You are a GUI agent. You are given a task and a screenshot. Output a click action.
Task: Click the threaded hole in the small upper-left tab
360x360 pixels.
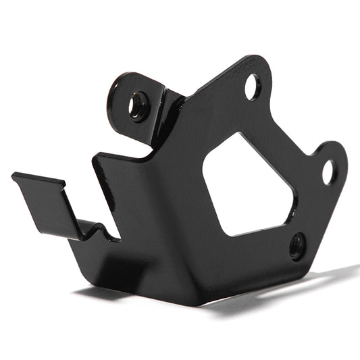pyautogui.click(x=138, y=105)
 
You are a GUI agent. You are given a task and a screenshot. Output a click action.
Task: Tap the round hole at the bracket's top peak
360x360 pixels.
pyautogui.click(x=252, y=86)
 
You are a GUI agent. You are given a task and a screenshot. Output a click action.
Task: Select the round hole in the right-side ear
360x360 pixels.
pyautogui.click(x=328, y=172)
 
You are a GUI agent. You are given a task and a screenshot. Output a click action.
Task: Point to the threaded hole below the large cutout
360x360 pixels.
pyautogui.click(x=297, y=247)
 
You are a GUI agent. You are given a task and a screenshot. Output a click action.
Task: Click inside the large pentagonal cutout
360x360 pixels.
pyautogui.click(x=247, y=186)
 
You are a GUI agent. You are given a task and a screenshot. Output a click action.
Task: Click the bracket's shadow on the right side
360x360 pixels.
pyautogui.click(x=290, y=284)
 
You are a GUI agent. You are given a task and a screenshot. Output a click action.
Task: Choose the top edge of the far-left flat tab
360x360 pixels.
pyautogui.click(x=38, y=178)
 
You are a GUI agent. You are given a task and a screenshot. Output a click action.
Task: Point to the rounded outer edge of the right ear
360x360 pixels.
pyautogui.click(x=345, y=162)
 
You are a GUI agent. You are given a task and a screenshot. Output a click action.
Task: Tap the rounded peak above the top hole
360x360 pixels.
pyautogui.click(x=260, y=59)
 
